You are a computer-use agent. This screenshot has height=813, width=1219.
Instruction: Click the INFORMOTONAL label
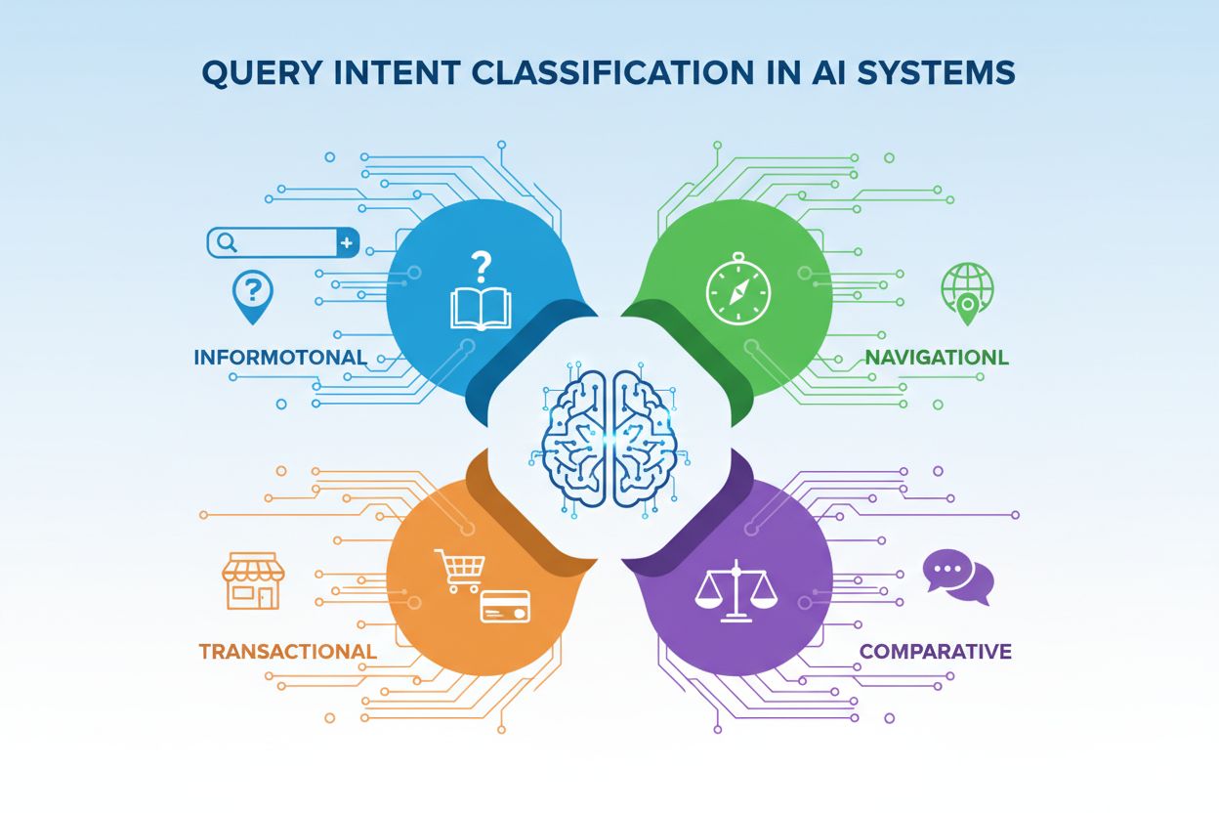coord(280,357)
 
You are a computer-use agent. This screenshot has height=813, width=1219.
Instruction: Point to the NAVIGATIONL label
coord(937,358)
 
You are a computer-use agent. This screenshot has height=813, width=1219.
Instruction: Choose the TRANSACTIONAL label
coord(288,651)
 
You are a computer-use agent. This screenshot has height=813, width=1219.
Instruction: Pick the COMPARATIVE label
coord(935,651)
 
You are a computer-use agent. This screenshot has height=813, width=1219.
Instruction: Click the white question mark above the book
coord(480,265)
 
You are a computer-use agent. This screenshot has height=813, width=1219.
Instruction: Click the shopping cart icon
coord(460,569)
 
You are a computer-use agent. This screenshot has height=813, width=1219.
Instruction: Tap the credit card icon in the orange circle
coord(505,607)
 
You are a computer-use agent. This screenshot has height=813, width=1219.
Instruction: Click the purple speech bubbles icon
coord(957,577)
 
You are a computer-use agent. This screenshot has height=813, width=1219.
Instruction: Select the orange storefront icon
coord(252,580)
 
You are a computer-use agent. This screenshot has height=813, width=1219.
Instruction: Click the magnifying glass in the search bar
coord(227,241)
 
